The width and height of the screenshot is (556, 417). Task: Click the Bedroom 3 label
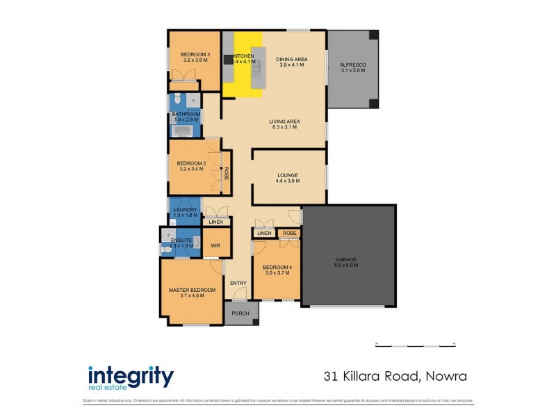(195, 54)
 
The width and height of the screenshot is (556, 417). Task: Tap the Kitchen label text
(243, 56)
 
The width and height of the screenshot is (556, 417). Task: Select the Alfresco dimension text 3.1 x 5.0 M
(353, 70)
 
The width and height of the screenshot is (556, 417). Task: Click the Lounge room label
(287, 175)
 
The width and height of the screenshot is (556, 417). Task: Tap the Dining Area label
(291, 60)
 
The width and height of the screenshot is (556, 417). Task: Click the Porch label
(240, 313)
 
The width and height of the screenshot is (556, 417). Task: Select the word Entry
(238, 283)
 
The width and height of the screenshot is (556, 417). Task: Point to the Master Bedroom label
(193, 290)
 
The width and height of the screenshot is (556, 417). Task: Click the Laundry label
(186, 209)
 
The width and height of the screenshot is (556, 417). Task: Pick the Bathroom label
(186, 114)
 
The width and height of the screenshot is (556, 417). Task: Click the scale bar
(415, 344)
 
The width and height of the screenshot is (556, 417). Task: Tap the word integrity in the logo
(131, 376)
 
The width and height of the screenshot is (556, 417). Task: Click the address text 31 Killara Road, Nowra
(395, 377)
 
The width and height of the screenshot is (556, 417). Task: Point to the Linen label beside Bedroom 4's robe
(263, 234)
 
